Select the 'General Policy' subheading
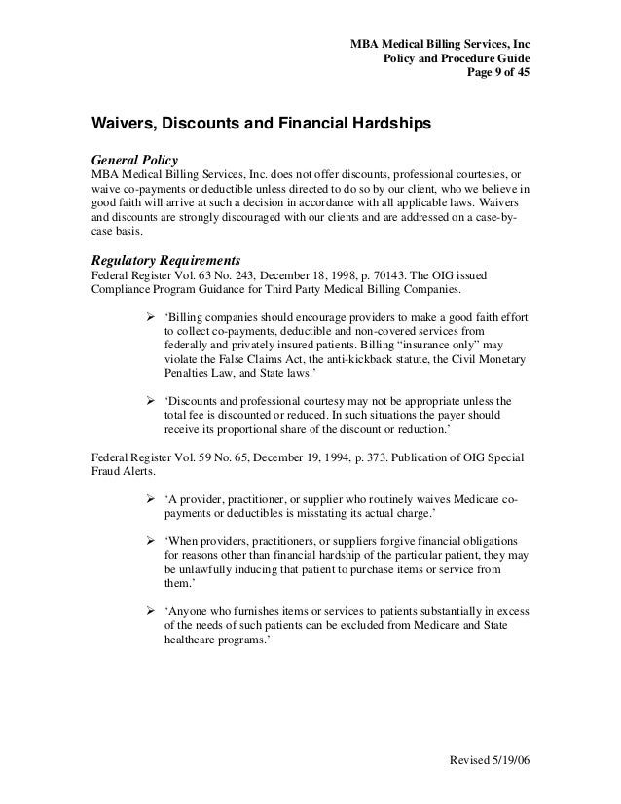pos(134,159)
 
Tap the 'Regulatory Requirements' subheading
pos(165,261)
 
